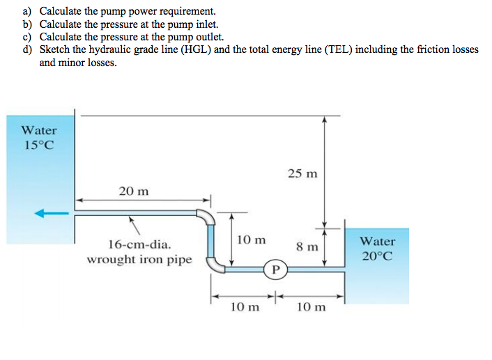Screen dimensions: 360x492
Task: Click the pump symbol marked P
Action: coord(275,268)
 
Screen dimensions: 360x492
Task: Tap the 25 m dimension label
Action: coord(302,173)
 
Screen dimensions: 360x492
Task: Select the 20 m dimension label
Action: coord(132,190)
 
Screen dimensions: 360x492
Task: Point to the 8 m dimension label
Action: coord(307,246)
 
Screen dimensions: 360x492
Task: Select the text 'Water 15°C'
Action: coord(39,137)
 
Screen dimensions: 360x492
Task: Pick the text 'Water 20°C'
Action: coord(377,249)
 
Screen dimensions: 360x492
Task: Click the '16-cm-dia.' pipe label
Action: coord(137,244)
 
